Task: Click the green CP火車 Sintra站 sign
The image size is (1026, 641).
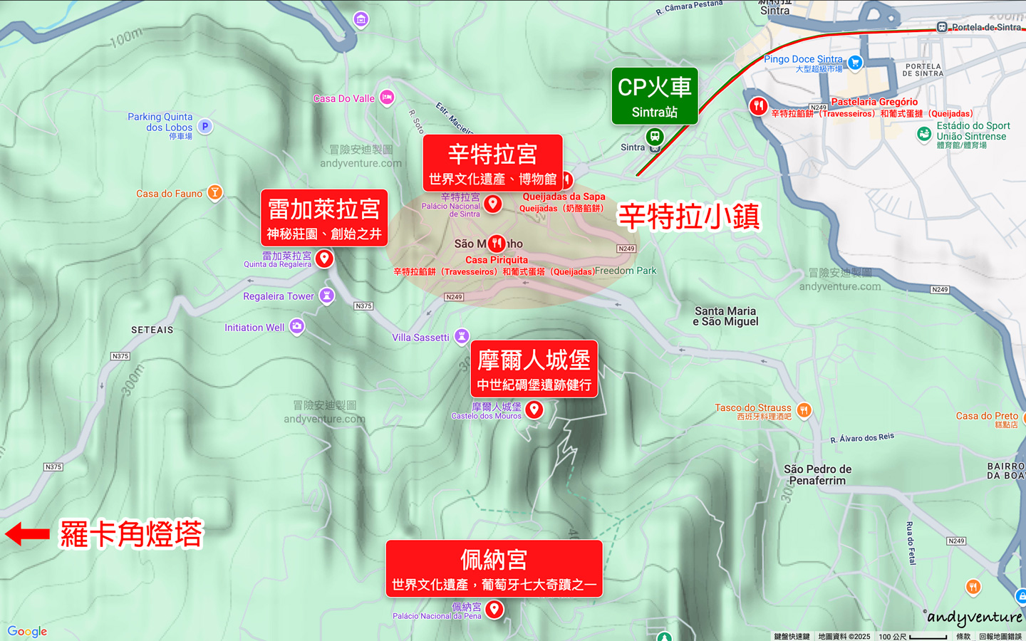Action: coord(654,96)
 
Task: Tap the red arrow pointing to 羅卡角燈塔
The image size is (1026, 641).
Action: coord(27,533)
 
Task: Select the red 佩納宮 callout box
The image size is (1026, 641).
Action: coord(494,568)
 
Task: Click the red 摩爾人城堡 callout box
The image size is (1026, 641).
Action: coord(534,369)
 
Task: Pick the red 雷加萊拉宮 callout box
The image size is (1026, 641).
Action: coord(324,217)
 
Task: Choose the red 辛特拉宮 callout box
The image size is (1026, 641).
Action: coord(492,163)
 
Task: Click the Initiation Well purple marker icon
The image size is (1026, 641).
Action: coord(297,326)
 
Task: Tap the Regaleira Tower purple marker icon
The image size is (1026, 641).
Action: coord(326,296)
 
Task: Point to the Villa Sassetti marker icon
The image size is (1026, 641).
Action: coord(462,335)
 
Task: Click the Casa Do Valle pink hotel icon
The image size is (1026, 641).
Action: coord(387,97)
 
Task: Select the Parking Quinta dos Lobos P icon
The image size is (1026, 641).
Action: coord(205,126)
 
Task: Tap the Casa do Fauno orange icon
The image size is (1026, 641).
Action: coord(214,192)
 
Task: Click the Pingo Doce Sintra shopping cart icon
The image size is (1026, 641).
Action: coord(855,63)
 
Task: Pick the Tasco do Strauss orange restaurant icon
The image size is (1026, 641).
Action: coord(804,410)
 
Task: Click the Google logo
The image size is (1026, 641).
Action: coord(27,631)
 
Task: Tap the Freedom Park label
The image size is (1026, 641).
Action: coord(626,271)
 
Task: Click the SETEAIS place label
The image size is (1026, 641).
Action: coord(152,330)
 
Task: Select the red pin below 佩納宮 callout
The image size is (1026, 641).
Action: coord(494,609)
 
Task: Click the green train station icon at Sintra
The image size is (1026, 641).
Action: coord(655,136)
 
